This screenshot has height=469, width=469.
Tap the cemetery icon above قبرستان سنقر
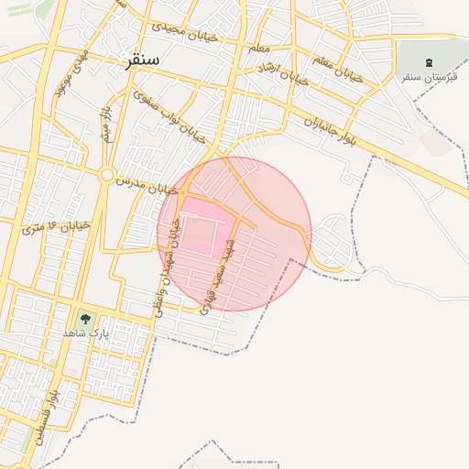coord(430,61)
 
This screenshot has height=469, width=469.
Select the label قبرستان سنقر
coord(430,76)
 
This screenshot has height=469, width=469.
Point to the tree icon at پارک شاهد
coord(85,319)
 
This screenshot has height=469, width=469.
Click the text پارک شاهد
coord(85,333)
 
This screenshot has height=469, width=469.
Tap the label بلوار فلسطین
coord(46,415)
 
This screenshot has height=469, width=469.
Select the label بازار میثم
coord(106,125)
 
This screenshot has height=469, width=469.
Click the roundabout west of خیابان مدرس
coord(106,175)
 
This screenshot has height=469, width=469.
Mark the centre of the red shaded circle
coord(234,234)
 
